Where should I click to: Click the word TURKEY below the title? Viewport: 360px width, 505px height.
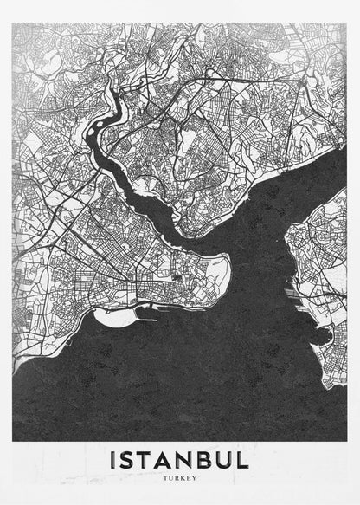pos(180,477)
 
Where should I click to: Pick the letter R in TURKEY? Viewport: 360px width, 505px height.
pos(176,477)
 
